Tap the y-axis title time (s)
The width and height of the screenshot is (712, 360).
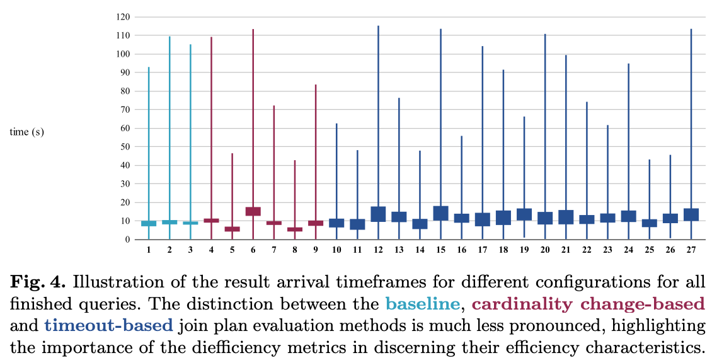coord(27,132)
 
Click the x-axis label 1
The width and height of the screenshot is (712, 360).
coord(149,250)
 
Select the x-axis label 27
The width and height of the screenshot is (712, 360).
coord(691,250)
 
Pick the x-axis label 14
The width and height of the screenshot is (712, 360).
coord(420,250)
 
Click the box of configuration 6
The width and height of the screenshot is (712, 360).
coord(253,211)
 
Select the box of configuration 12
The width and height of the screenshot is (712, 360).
coord(378,214)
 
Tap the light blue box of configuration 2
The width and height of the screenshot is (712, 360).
coord(169,222)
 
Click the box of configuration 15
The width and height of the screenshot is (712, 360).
coord(440,213)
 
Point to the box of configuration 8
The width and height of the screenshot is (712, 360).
coord(295,229)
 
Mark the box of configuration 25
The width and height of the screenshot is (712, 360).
coord(649,223)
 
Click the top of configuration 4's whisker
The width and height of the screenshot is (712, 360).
coord(211,38)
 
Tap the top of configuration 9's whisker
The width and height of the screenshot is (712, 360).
coord(316,85)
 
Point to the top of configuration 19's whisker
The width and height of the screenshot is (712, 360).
coord(524,117)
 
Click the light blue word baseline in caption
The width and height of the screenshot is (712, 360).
coord(422,305)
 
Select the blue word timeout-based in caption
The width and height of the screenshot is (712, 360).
coord(108,325)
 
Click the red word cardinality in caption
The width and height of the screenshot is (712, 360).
coord(524,305)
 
